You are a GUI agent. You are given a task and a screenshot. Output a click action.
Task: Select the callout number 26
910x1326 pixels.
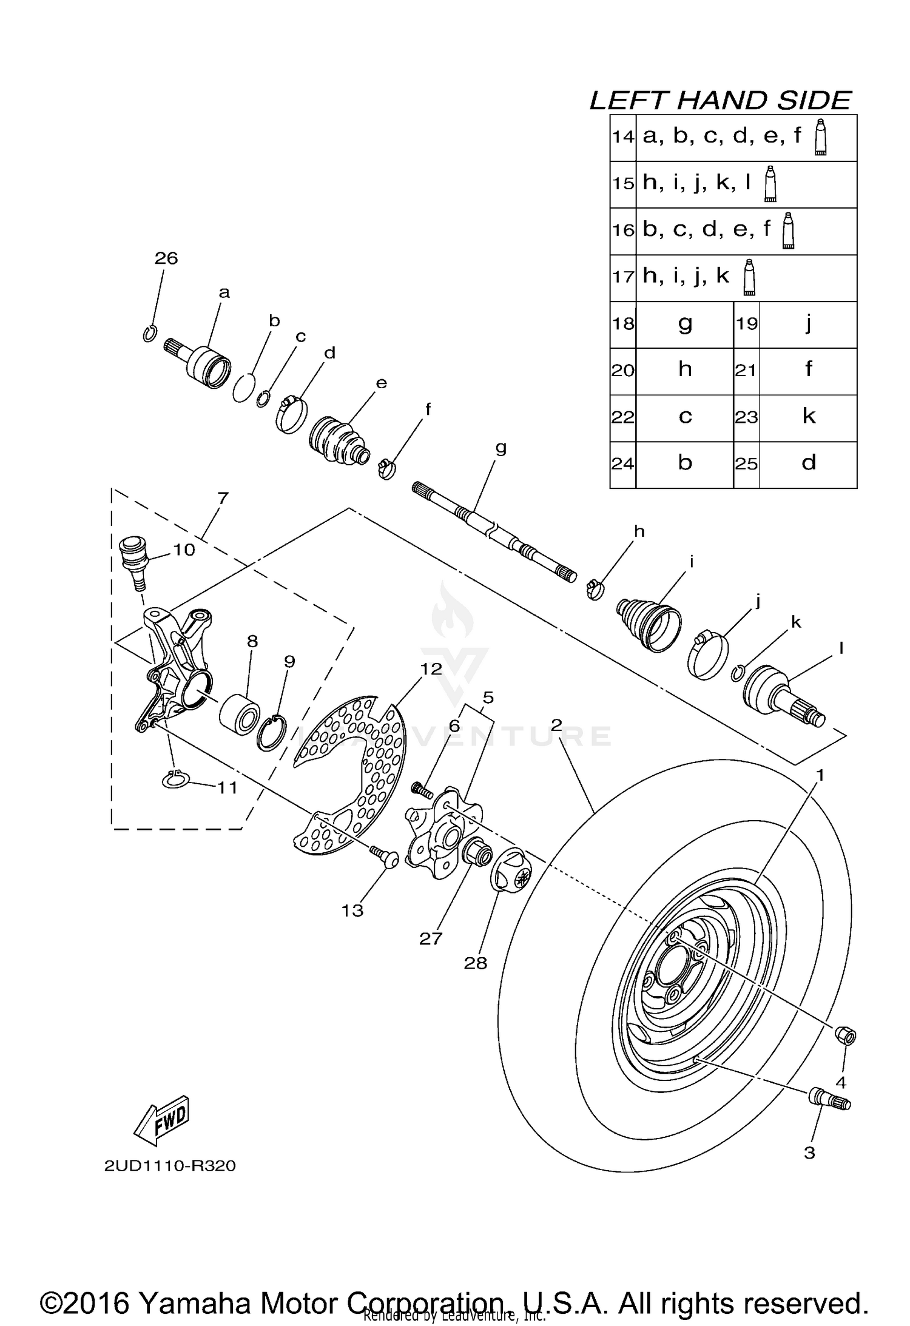point(166,258)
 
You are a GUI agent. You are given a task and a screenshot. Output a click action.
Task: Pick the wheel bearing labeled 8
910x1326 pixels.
point(240,715)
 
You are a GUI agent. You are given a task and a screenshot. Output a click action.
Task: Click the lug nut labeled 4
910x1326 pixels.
point(846,1035)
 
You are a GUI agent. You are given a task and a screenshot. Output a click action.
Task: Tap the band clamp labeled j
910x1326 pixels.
point(707,655)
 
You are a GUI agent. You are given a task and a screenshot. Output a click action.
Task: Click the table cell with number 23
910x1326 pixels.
point(746,417)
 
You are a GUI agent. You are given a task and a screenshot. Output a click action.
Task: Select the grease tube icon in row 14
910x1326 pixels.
point(821,138)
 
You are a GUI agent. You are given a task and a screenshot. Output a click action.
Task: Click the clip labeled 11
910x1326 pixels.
point(177,780)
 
